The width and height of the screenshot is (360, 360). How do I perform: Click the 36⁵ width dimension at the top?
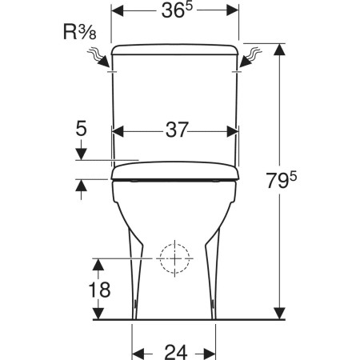(177, 10)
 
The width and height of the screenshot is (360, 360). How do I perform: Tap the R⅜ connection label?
(80, 32)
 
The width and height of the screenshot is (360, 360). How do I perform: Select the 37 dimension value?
(177, 130)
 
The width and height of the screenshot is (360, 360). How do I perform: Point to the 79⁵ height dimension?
(282, 180)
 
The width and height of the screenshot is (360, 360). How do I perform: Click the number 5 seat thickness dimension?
(82, 128)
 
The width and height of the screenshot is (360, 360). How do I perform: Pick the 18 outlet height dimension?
(99, 290)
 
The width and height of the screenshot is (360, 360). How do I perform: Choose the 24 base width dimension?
(176, 352)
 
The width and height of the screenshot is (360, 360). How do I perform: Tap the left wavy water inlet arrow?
(98, 58)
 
